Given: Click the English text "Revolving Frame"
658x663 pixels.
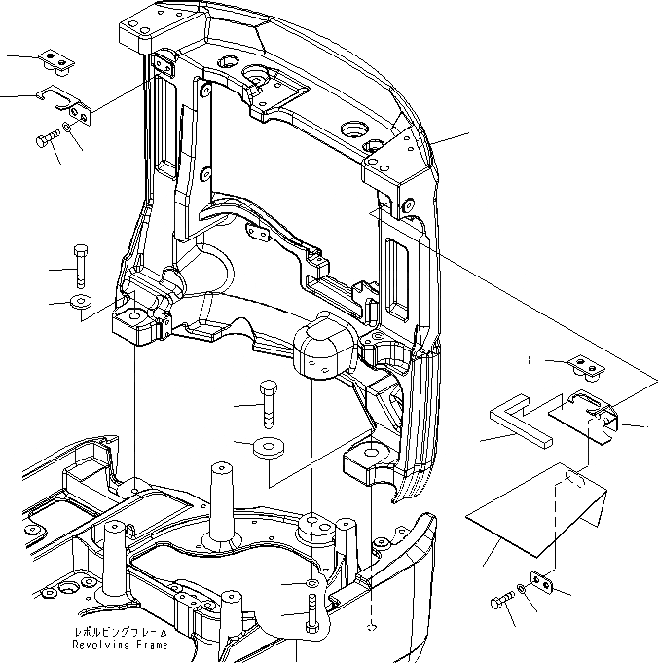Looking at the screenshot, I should coord(121,645).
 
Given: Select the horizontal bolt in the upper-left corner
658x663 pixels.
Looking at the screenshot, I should coord(48,141).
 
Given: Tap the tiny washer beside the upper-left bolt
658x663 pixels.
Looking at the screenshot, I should coord(66,128).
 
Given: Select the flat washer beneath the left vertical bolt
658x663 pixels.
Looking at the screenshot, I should coord(80,300).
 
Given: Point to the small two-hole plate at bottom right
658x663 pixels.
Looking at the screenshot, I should coord(542,582).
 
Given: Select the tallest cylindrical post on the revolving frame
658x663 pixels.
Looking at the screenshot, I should coord(223,497).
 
